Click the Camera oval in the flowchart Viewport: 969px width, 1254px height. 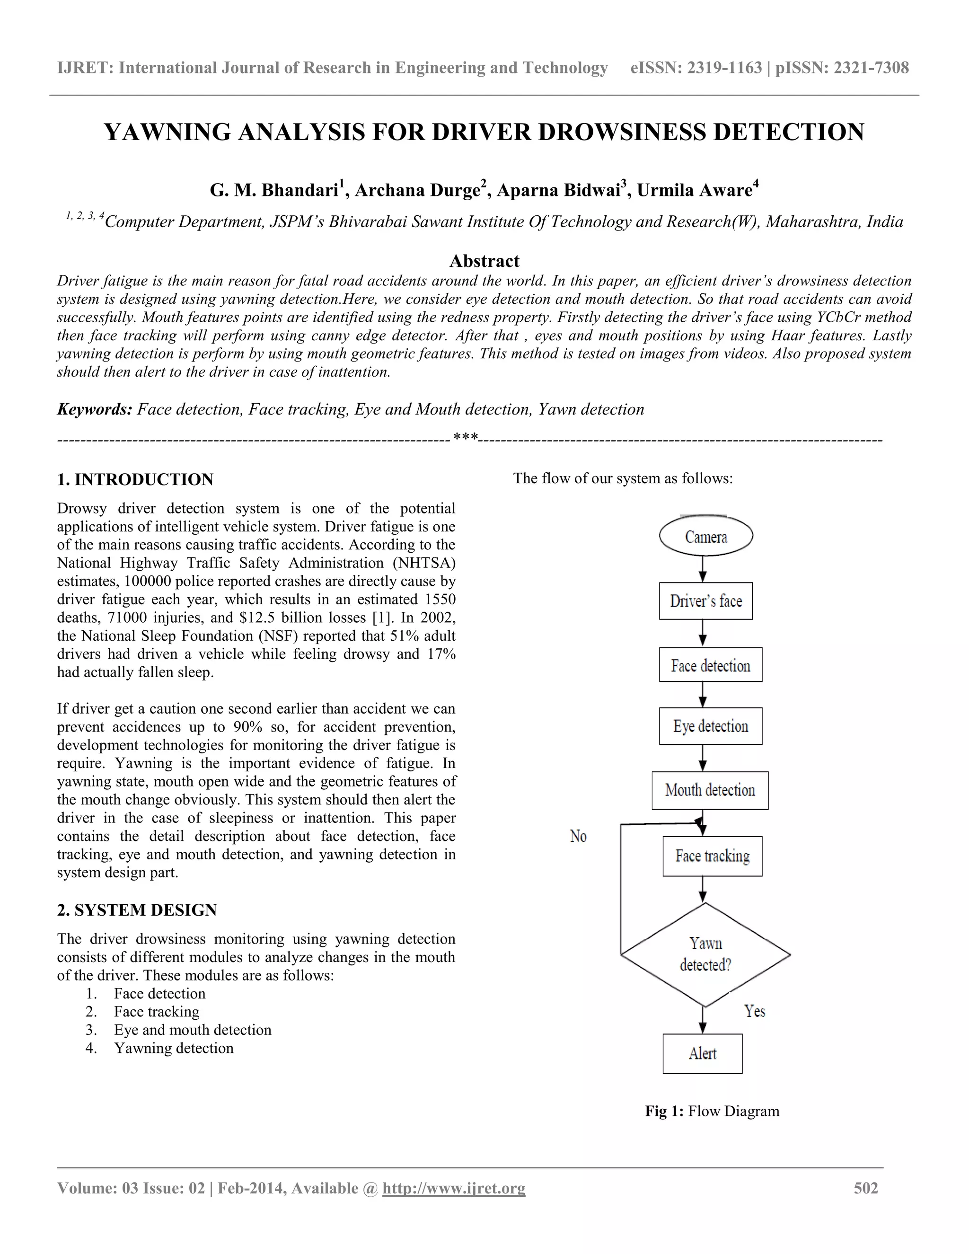point(705,536)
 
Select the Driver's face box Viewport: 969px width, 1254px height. point(705,601)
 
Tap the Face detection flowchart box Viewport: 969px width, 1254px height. point(710,665)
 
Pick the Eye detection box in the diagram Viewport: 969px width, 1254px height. point(710,726)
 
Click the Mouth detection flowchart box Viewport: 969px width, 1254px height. point(710,790)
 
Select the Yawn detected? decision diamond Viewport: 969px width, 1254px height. point(705,954)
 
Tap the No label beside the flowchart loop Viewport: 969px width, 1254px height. point(578,836)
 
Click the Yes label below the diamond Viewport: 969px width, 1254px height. point(754,1011)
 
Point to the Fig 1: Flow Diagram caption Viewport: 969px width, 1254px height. point(712,1111)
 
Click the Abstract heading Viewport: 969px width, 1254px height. point(484,261)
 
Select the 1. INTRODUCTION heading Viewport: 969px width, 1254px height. point(135,479)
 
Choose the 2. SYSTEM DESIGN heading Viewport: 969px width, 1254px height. point(137,910)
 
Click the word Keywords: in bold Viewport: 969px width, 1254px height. point(95,409)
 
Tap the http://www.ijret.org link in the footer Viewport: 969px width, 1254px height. point(453,1188)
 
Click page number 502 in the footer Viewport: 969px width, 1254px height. point(866,1188)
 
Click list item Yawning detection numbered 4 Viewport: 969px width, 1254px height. point(173,1048)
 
